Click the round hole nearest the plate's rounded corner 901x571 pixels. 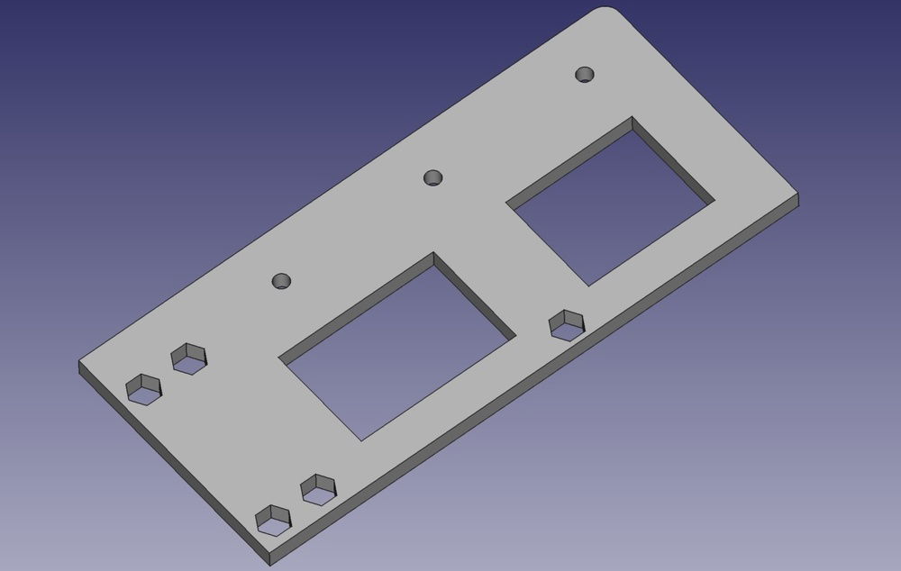[586, 74]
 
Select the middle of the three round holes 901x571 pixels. [434, 177]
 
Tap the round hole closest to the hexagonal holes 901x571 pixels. [283, 281]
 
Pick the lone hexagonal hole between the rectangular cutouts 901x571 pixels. [567, 323]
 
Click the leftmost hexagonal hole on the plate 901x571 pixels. [143, 389]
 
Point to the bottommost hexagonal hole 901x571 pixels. [274, 520]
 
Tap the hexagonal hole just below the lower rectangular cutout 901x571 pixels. [318, 489]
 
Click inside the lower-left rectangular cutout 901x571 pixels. [396, 347]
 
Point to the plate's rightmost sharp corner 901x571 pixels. [798, 195]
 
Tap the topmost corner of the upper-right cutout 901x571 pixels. [633, 117]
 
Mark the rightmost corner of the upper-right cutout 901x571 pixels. [714, 200]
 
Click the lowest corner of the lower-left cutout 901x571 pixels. [361, 440]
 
